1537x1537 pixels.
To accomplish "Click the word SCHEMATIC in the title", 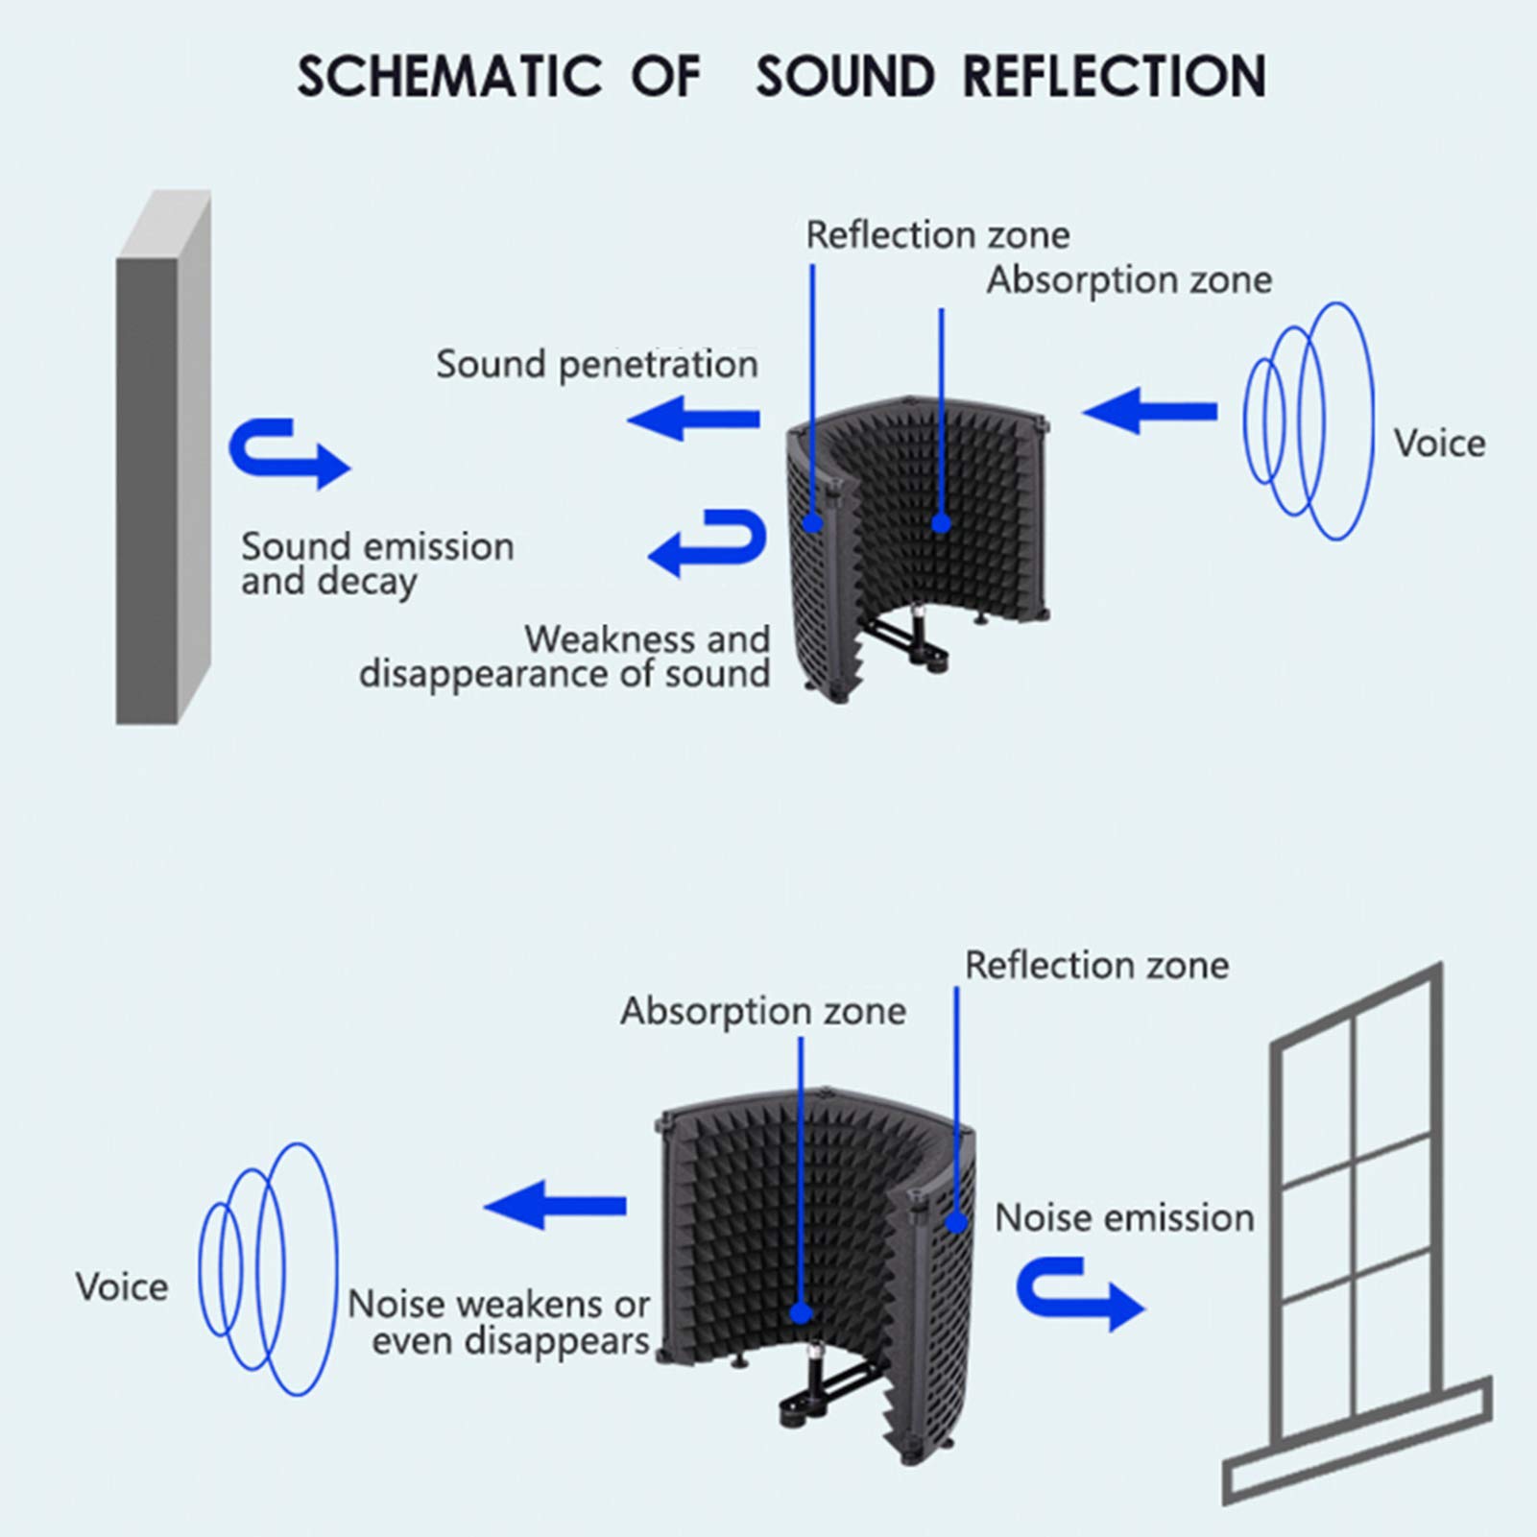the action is coord(448,77).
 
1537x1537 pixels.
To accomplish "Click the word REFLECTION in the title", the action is coord(1115,77).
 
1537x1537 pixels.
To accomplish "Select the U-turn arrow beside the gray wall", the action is coord(288,453).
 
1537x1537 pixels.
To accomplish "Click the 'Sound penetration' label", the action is coord(597,365).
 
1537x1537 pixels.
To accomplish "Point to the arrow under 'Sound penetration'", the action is coord(693,419).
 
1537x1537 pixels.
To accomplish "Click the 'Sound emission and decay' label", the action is coord(377,564).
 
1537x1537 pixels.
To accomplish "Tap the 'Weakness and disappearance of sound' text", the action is coord(564,657).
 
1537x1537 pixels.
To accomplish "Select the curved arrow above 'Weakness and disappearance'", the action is coord(708,542).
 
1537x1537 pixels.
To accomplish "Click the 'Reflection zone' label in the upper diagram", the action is coord(937,235).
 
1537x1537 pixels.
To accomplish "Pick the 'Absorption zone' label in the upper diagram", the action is coord(1129,280).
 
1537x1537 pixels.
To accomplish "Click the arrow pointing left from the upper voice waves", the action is coord(1149,412).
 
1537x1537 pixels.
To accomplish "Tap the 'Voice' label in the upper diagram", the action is coord(1439,444).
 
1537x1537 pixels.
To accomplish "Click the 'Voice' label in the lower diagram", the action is coord(122,1287).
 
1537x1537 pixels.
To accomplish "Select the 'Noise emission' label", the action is coord(1124,1218).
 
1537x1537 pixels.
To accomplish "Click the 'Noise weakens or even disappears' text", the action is coord(499,1323).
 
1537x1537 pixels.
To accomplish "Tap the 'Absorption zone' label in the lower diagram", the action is coord(763,1011).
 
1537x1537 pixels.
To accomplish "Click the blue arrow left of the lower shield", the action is coord(555,1206).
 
